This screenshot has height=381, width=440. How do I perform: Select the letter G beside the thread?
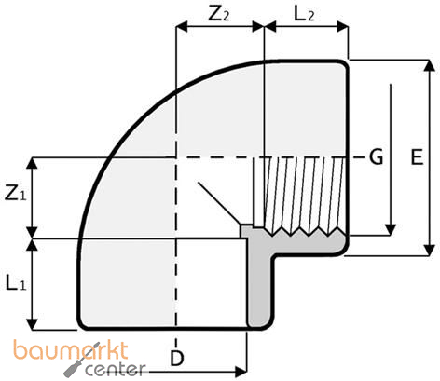376,156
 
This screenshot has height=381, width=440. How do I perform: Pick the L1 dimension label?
14,282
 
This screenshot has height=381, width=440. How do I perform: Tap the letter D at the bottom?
175,358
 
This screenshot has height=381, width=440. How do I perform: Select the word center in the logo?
116,370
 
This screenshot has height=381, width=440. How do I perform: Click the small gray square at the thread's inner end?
247,228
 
